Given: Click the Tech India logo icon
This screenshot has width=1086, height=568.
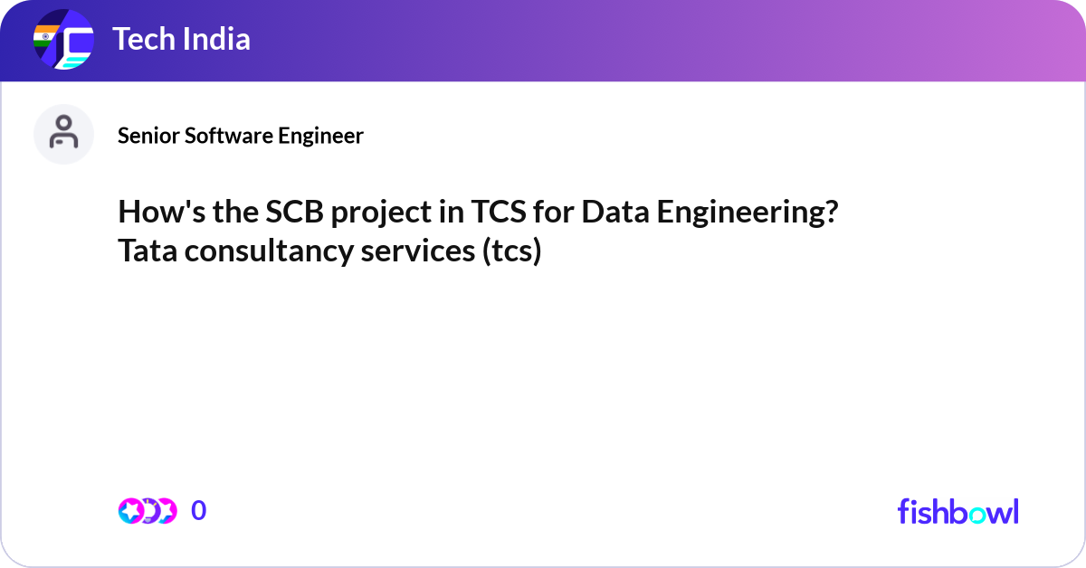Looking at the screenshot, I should pos(63,40).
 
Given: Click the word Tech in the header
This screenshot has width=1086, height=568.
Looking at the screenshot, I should pos(141,39).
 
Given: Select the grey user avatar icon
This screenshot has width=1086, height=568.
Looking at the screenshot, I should pos(63,134).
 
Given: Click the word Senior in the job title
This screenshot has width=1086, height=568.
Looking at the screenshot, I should pos(148,136).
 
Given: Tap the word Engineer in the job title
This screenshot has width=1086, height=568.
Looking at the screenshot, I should pos(320,136).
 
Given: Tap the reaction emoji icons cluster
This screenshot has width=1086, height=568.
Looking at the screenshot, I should pos(147,511).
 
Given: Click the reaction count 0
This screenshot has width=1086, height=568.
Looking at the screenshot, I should pos(198,511).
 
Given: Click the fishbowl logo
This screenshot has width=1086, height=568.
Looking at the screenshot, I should pos(957,511).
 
